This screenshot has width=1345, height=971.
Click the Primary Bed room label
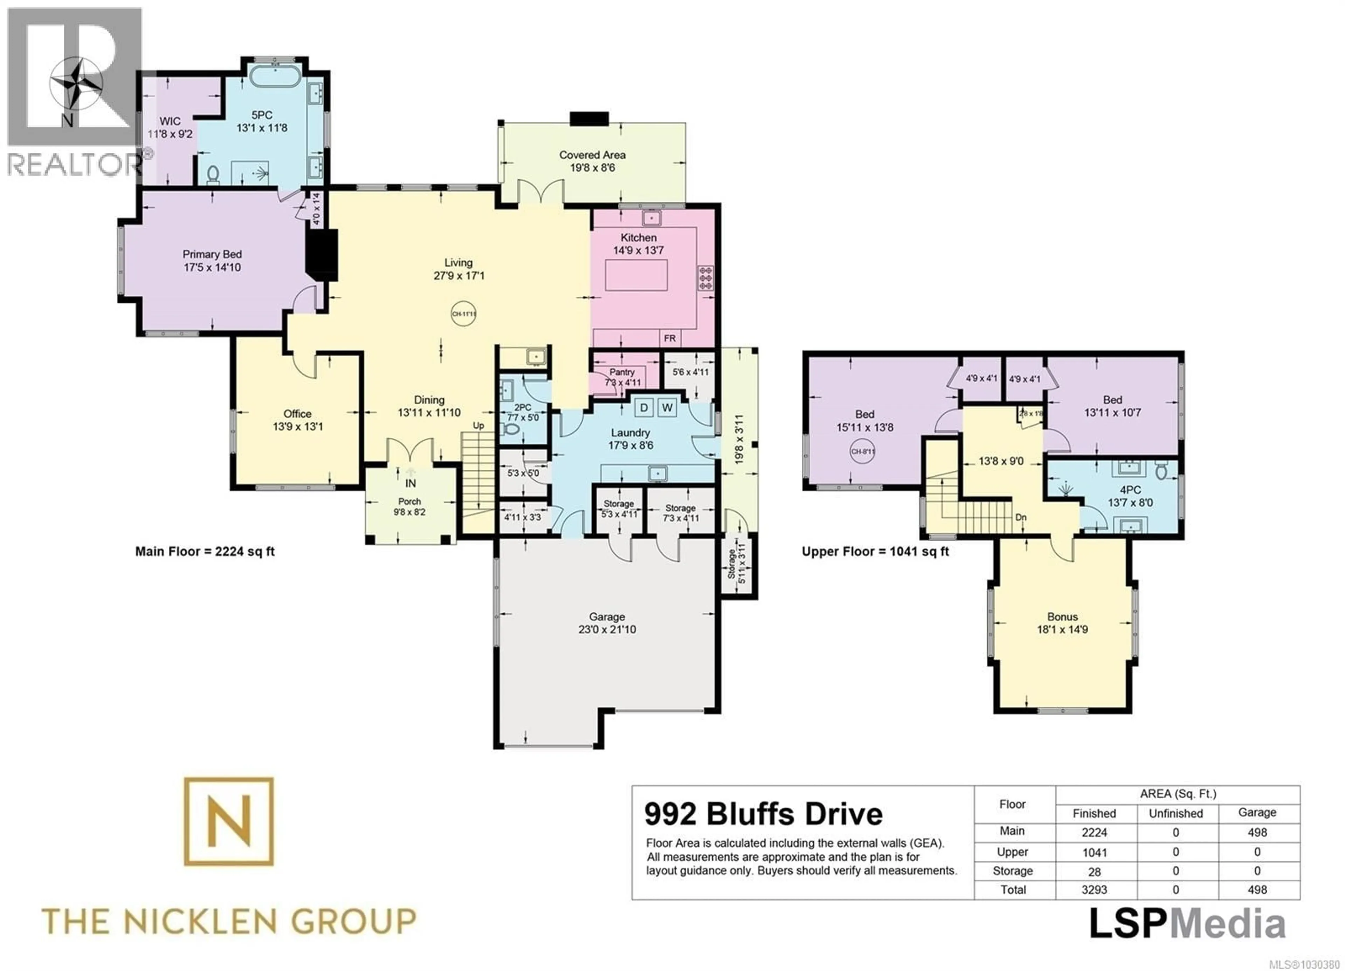pyautogui.click(x=212, y=254)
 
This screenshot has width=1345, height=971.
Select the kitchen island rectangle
pyautogui.click(x=636, y=275)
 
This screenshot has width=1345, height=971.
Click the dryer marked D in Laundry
pyautogui.click(x=644, y=407)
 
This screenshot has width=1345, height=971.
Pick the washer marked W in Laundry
pyautogui.click(x=667, y=407)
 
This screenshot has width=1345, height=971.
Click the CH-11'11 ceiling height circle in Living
pyautogui.click(x=464, y=314)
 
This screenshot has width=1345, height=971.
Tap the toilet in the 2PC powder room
pyautogui.click(x=509, y=429)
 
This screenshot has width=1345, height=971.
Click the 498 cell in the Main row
pyautogui.click(x=1257, y=832)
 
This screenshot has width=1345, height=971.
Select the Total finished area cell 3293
pyautogui.click(x=1094, y=890)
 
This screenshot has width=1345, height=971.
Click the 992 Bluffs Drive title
pyautogui.click(x=763, y=814)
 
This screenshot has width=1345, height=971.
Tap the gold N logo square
pyautogui.click(x=229, y=821)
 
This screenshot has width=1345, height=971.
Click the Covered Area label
pyautogui.click(x=592, y=155)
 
